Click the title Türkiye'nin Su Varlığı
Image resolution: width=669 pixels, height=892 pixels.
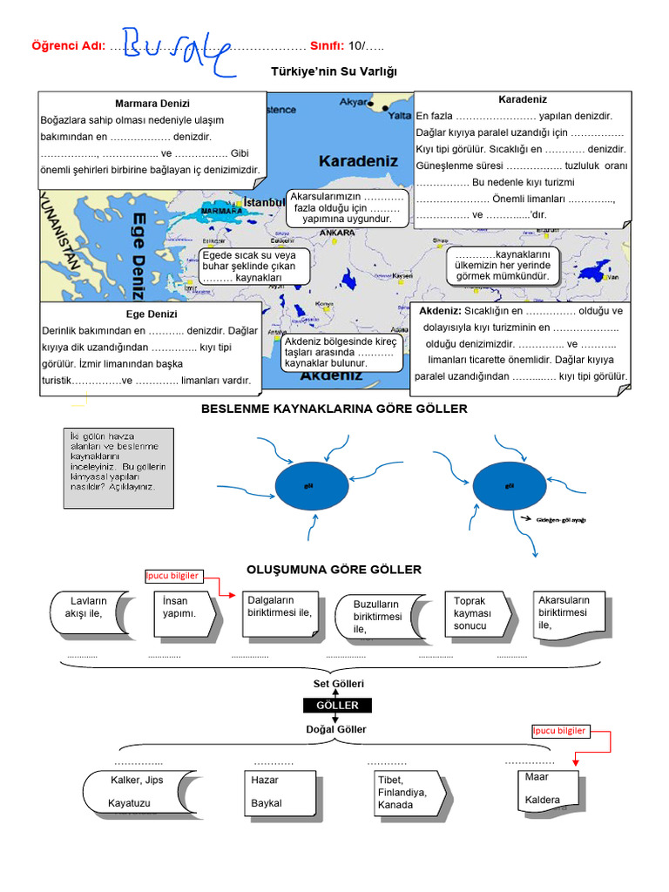[334, 71]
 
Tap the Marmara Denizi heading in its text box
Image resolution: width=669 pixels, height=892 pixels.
[152, 104]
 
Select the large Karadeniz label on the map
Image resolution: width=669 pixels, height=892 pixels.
[358, 161]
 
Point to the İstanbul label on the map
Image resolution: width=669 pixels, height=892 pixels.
[264, 202]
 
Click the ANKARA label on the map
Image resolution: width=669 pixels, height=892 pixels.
[336, 233]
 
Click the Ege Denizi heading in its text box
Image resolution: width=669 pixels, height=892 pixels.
[152, 314]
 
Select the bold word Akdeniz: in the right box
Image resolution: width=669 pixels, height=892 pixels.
[440, 311]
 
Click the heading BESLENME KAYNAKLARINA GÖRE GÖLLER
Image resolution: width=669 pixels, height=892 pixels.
[334, 409]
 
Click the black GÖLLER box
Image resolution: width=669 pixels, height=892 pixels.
[337, 706]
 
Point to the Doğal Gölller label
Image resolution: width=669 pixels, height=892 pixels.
[336, 729]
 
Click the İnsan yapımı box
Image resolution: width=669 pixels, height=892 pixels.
[186, 612]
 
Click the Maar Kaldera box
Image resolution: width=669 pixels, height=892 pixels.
[551, 787]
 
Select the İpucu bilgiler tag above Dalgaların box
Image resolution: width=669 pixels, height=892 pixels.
[172, 576]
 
